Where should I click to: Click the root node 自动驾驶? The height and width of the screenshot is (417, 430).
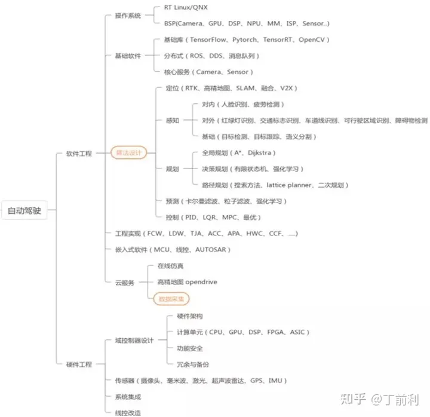point(24,210)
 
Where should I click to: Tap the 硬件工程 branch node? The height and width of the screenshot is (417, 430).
point(79,364)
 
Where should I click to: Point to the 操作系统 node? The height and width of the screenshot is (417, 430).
point(127,16)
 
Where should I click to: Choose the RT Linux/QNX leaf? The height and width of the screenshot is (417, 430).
point(185,8)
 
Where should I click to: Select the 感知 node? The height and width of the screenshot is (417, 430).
point(173,121)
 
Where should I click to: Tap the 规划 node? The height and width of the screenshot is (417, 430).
point(173,169)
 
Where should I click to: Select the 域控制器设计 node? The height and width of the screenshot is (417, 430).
point(134,341)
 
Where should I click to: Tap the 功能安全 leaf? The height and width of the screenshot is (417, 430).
point(190,348)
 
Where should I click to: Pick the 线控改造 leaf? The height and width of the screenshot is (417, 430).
point(127,412)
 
